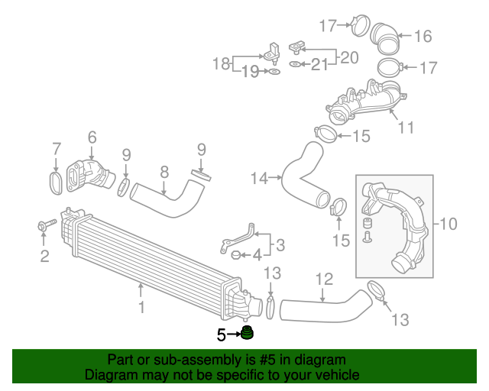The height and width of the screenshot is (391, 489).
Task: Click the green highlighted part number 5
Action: tap(247, 333)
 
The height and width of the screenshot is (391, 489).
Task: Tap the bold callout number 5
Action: tap(222, 334)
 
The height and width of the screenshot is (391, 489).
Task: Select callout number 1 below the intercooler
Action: tap(141, 307)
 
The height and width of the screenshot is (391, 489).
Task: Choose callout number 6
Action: tap(92, 137)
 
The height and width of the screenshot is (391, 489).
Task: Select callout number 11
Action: tap(406, 127)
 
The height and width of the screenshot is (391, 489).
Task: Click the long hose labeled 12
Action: tap(321, 308)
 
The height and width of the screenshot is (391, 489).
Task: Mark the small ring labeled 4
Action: tap(236, 254)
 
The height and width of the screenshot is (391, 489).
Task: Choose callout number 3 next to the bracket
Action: tap(280, 245)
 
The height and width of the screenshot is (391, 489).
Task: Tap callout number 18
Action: tap(221, 64)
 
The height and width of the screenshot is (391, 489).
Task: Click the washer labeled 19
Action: tap(273, 73)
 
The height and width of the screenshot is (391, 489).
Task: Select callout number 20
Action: tap(348, 57)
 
